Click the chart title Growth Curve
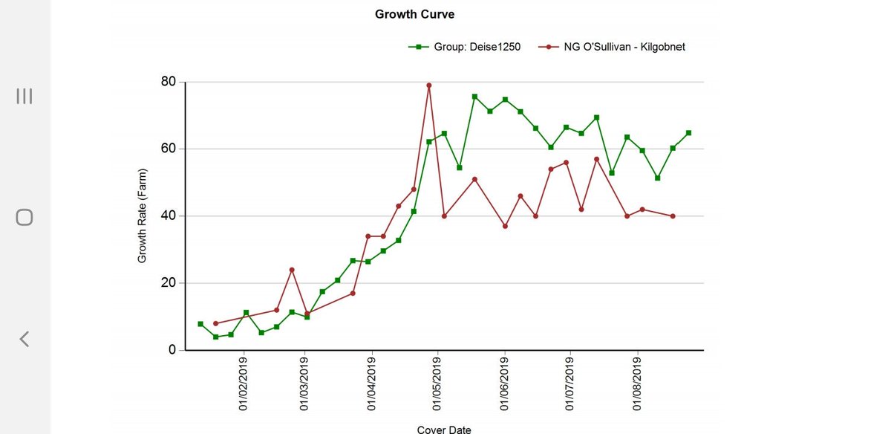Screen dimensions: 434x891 (414, 14)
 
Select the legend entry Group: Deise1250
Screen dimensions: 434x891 (465, 47)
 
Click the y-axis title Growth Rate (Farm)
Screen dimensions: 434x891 (142, 216)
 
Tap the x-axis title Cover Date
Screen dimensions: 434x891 (444, 429)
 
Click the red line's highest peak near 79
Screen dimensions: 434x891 (429, 85)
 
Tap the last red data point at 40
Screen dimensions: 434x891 (673, 216)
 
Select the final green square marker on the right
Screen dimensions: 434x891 (688, 133)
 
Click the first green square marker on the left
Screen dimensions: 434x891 (200, 324)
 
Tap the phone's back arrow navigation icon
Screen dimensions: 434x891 (25, 339)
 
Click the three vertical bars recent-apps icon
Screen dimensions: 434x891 (25, 96)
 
